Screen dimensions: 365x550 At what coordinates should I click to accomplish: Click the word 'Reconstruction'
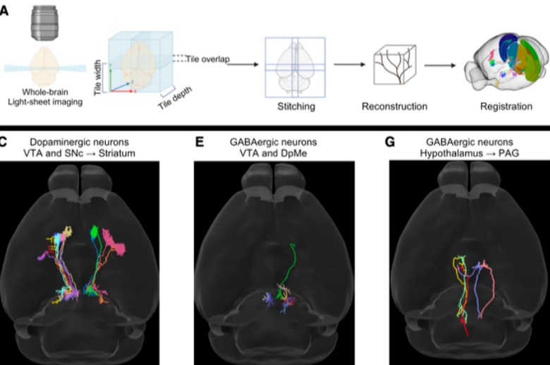[394, 107]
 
